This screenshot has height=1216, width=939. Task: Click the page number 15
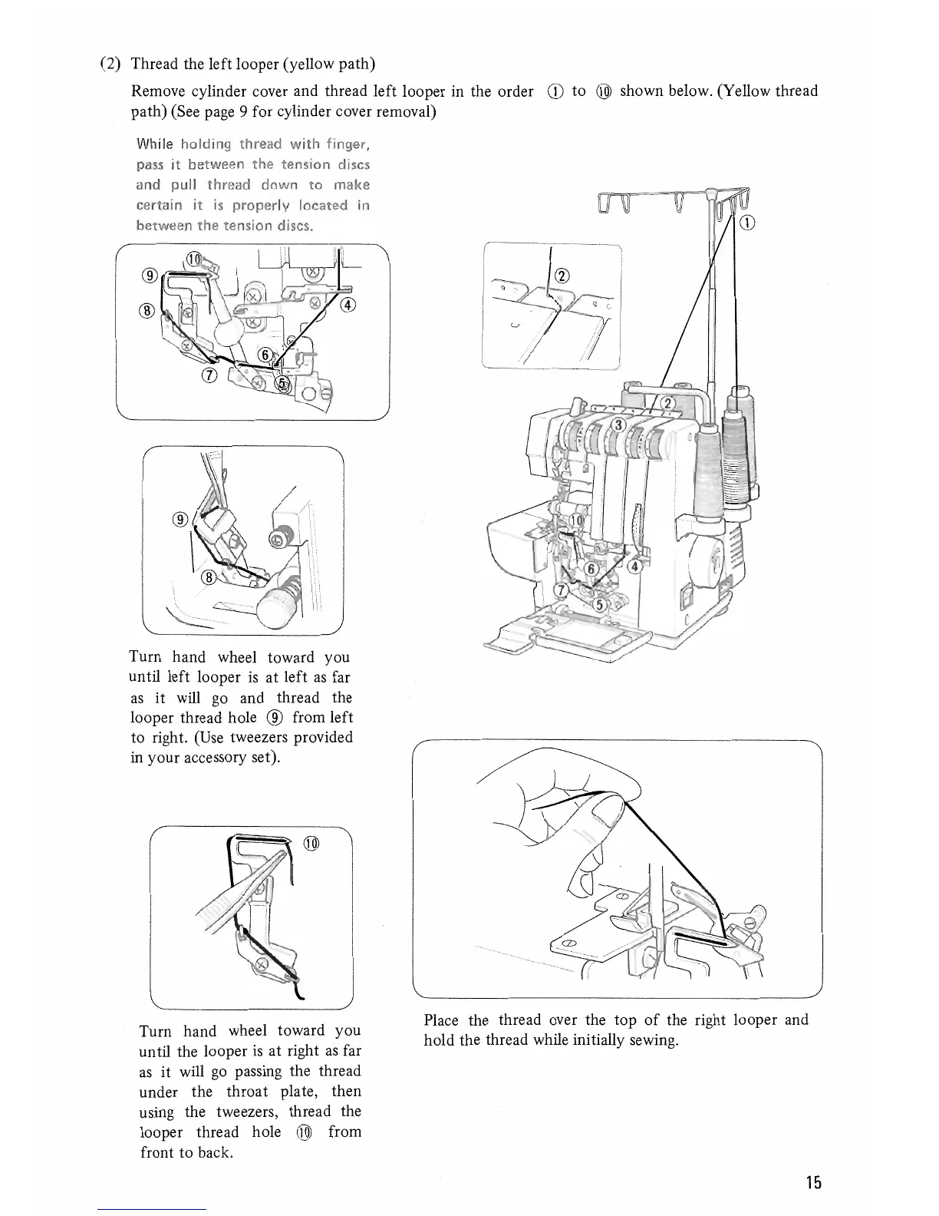point(814,1182)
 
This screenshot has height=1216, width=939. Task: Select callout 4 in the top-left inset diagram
point(348,304)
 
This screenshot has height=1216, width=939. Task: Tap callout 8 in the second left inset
point(207,579)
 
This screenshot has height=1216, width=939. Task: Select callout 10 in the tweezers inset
point(311,844)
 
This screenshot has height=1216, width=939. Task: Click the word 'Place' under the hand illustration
point(441,1020)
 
